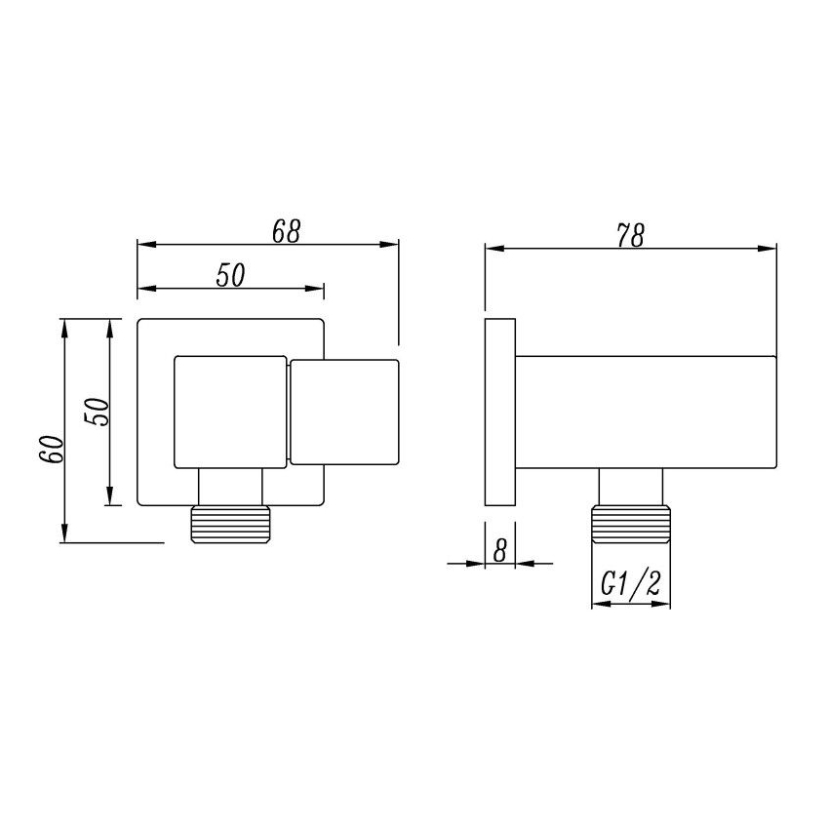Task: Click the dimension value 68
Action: [x=286, y=231]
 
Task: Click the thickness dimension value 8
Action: [x=499, y=549]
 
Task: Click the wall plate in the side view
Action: [x=499, y=411]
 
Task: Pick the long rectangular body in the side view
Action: [x=645, y=411]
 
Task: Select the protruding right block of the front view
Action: [x=344, y=411]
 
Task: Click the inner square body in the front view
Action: [x=230, y=411]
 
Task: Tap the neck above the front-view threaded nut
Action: [x=230, y=485]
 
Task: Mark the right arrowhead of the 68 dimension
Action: [x=392, y=245]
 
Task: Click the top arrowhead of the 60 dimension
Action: [x=65, y=326]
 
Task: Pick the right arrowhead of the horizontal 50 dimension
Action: [x=317, y=288]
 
